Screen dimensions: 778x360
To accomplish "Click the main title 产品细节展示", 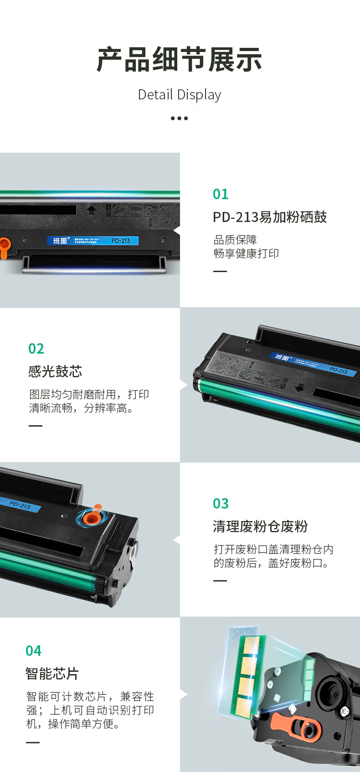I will (x=180, y=60).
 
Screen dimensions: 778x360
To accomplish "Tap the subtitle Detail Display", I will (x=180, y=95).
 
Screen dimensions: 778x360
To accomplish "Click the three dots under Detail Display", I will (x=180, y=119).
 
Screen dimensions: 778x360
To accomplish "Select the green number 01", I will (x=221, y=194).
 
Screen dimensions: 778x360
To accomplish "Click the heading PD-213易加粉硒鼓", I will (x=270, y=217).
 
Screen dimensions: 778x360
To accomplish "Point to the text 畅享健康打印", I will (x=246, y=254).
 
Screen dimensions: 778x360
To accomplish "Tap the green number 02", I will (x=36, y=349).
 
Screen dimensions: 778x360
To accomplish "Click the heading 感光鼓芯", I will (x=55, y=372).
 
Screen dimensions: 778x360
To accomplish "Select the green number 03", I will (x=221, y=504).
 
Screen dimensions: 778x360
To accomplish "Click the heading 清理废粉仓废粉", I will (x=260, y=527).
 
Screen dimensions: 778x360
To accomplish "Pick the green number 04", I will (x=33, y=651).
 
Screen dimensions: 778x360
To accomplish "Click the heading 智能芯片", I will (x=52, y=674).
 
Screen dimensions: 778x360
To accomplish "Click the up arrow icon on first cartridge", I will (x=92, y=210).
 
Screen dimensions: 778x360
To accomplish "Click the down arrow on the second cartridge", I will (x=299, y=387).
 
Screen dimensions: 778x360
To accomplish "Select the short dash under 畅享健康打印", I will (x=220, y=271).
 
